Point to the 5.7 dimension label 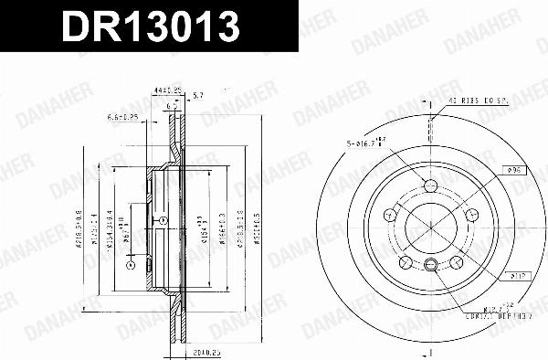(x=201, y=95)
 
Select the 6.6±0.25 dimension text (x=121, y=117)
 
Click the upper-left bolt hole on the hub (x=389, y=216)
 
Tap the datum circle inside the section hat (x=163, y=220)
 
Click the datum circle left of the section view (x=131, y=266)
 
